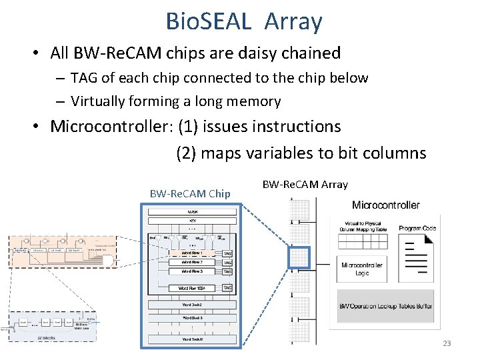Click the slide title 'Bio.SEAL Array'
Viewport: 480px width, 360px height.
click(244, 21)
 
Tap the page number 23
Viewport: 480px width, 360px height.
click(447, 343)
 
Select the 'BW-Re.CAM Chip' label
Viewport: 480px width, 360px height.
click(190, 193)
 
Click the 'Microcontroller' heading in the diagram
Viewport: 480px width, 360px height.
click(385, 205)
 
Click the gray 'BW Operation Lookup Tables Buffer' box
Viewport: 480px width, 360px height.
click(385, 306)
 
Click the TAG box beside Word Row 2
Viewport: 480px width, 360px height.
click(227, 263)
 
